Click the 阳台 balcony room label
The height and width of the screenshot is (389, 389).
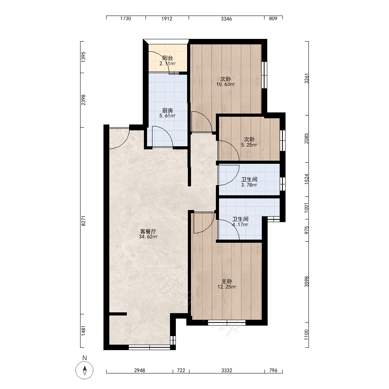tap(167, 58)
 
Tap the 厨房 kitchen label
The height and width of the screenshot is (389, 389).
tap(167, 110)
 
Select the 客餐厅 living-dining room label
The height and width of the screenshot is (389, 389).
tap(148, 231)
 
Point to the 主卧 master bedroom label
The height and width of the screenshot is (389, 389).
tap(227, 281)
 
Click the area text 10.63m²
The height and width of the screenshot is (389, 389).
tap(226, 84)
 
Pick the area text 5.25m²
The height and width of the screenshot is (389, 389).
tap(249, 145)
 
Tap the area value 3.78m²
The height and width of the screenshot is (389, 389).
tap(249, 185)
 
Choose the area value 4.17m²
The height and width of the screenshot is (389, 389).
tap(240, 224)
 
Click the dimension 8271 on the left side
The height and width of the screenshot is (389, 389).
tap(83, 221)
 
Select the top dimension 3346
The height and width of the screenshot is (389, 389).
tap(226, 19)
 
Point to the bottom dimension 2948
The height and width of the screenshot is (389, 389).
tap(139, 370)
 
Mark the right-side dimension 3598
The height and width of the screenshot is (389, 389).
tap(307, 282)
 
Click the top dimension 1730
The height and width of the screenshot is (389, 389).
tap(126, 19)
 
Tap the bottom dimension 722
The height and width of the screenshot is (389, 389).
tap(181, 370)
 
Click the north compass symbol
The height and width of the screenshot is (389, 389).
tap(84, 370)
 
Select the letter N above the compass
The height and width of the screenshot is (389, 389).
tap(84, 358)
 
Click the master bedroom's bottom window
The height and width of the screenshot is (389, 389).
tap(226, 322)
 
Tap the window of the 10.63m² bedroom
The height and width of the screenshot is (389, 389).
tap(264, 75)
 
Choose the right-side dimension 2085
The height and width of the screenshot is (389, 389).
tap(307, 138)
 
